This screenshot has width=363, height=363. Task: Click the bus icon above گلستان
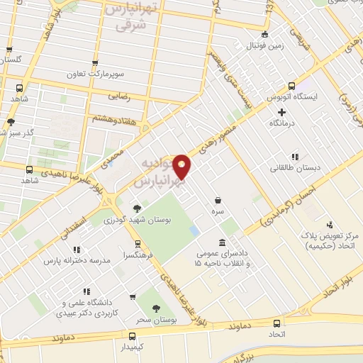[x=9, y=50]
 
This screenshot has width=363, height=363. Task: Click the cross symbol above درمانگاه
[x=281, y=111]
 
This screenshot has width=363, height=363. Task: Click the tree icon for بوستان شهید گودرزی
[x=137, y=208]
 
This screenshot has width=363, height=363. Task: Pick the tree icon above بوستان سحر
[x=157, y=308]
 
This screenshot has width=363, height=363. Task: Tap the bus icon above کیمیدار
[x=132, y=336]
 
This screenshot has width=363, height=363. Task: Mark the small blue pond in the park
[x=195, y=231]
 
